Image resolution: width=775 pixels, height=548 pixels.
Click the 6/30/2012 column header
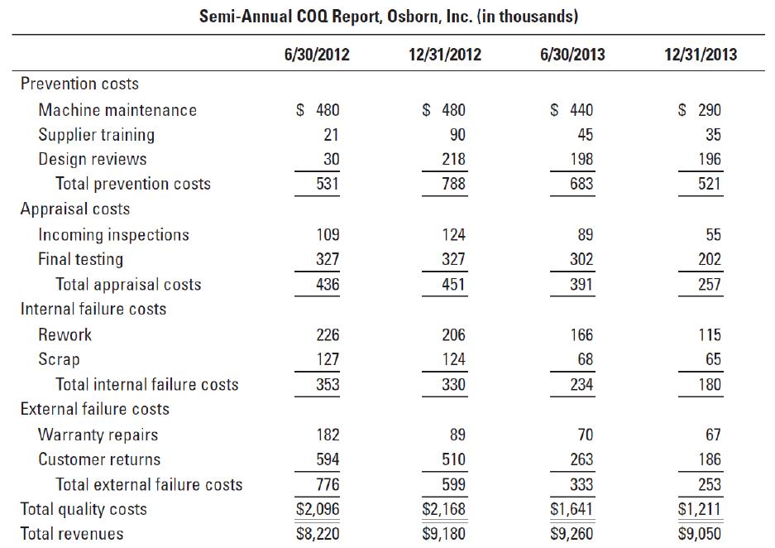click(317, 54)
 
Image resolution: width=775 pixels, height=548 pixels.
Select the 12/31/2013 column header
click(701, 54)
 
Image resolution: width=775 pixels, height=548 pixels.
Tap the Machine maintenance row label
click(117, 110)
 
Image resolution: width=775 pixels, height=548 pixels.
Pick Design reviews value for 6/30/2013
click(581, 159)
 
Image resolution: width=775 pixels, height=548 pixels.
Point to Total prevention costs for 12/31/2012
click(453, 184)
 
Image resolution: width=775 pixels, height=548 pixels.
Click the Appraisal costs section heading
click(75, 209)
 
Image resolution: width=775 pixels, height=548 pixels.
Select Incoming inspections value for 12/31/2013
click(713, 234)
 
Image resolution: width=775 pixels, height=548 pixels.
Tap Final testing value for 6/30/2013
click(581, 258)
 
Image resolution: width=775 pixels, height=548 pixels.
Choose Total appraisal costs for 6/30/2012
click(328, 285)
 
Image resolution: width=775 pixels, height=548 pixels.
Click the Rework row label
click(65, 334)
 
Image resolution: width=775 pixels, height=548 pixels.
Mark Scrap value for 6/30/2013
click(586, 359)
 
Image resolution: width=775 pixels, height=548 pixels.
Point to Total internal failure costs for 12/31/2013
click(710, 384)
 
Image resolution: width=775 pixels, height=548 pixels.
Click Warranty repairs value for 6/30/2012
click(328, 435)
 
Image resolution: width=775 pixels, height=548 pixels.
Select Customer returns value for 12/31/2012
click(454, 459)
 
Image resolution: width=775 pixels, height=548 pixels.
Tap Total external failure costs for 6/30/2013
click(581, 484)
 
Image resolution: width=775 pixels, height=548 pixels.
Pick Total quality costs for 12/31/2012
click(444, 509)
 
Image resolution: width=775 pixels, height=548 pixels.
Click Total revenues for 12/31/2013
click(700, 534)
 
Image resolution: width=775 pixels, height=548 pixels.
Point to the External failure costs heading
click(95, 409)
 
